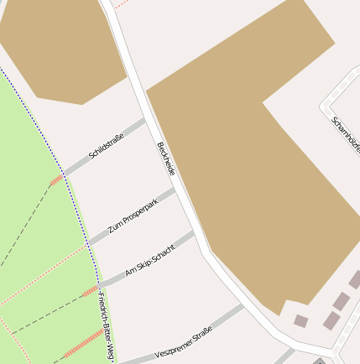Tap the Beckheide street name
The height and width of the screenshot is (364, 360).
(x=165, y=159)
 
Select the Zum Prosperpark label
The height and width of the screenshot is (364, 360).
(x=133, y=215)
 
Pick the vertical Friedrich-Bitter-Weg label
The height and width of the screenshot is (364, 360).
(x=105, y=326)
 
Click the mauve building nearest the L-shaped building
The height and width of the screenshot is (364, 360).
(x=300, y=320)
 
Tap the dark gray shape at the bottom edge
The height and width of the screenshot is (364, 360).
(x=320, y=361)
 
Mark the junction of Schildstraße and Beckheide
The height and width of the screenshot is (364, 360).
(x=146, y=121)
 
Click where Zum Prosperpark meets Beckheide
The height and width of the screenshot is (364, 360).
(x=176, y=190)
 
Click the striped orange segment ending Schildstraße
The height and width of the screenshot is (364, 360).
(x=56, y=179)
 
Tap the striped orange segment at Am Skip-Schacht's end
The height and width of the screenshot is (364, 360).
(x=91, y=291)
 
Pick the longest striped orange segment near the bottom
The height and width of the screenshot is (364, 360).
(x=84, y=344)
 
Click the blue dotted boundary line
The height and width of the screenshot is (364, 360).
(x=50, y=143)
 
